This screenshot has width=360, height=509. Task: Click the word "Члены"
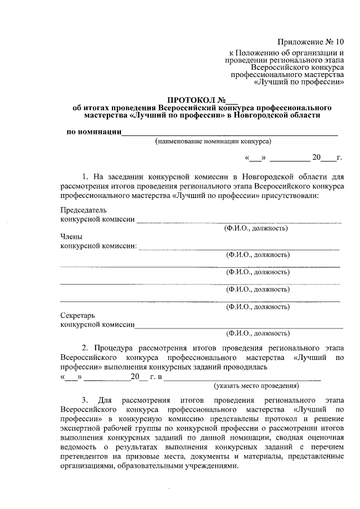click(x=71, y=237)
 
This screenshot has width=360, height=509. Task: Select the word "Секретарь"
click(x=78, y=316)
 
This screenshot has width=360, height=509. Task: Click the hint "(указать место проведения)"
click(x=256, y=386)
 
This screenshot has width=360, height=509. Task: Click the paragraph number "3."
click(x=86, y=400)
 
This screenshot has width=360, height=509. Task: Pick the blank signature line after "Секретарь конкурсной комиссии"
click(x=238, y=326)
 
